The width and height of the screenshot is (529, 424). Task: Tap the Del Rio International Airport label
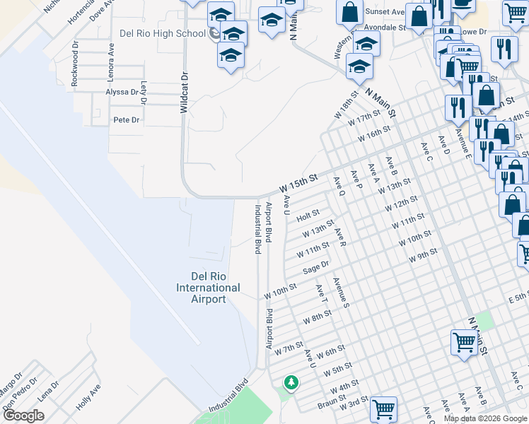(x=208, y=288)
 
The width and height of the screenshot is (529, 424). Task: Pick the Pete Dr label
(x=127, y=120)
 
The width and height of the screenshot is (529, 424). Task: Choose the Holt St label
(x=308, y=213)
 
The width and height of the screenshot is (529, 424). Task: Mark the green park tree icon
(x=290, y=383)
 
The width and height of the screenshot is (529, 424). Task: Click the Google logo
(x=23, y=416)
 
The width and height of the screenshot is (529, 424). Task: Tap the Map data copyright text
(x=485, y=418)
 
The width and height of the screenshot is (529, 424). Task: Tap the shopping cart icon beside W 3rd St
(x=383, y=408)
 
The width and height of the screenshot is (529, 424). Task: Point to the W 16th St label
(x=374, y=134)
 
